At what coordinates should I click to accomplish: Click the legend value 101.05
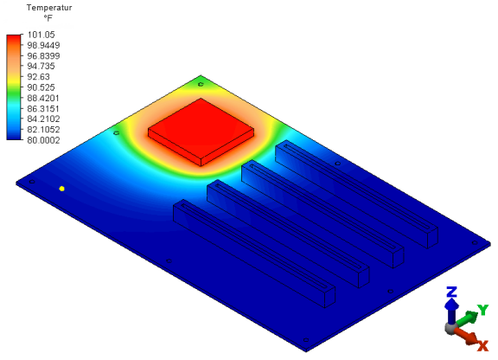pyautogui.click(x=41, y=35)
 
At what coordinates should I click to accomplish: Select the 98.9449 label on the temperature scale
pyautogui.click(x=43, y=45)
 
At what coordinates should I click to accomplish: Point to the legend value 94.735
pyautogui.click(x=41, y=66)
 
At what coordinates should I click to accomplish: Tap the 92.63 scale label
pyautogui.click(x=38, y=77)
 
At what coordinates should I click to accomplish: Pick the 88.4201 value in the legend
pyautogui.click(x=43, y=98)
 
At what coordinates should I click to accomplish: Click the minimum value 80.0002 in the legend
pyautogui.click(x=43, y=140)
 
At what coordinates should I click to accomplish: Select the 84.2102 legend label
pyautogui.click(x=43, y=119)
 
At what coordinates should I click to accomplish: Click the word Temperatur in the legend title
pyautogui.click(x=49, y=8)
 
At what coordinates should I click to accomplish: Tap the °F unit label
pyautogui.click(x=48, y=18)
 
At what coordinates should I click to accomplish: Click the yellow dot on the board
pyautogui.click(x=62, y=189)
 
